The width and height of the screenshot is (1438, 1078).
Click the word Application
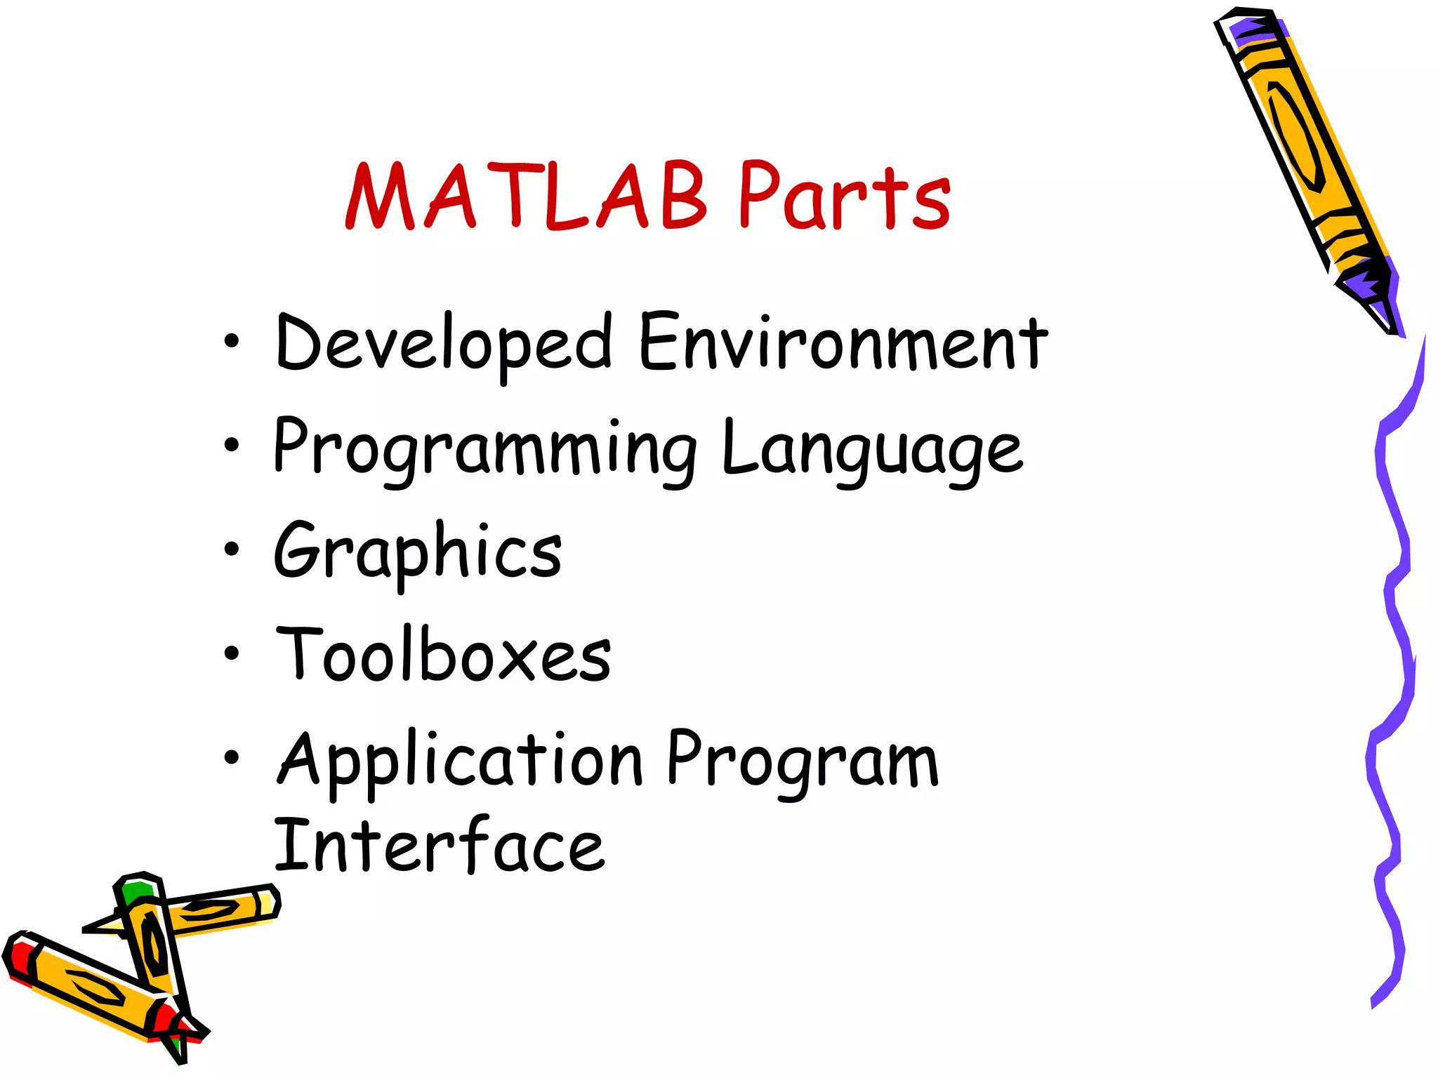pos(460,761)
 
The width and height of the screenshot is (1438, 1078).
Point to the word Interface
pos(439,846)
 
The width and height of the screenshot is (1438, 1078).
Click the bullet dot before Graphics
pos(231,548)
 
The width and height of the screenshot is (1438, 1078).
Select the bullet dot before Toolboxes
pos(231,653)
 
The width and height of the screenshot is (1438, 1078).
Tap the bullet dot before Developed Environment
pos(231,342)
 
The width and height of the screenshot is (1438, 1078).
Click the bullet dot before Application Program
pos(231,757)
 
